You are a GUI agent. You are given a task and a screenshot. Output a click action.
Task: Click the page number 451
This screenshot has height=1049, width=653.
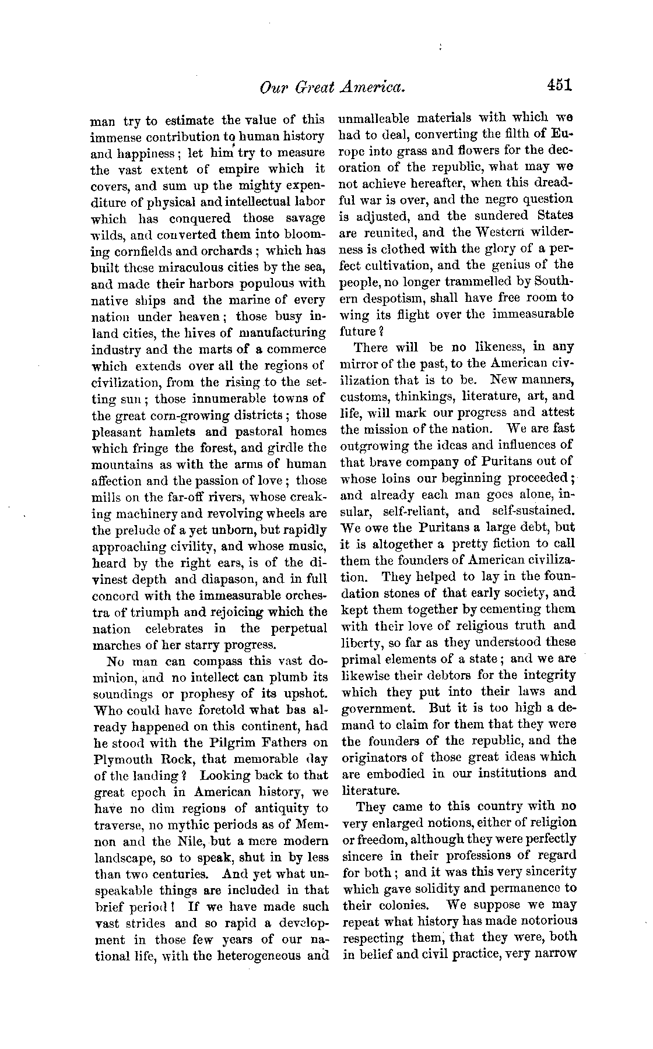coord(560,85)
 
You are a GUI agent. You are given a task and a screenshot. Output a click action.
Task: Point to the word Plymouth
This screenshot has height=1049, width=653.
coord(121,761)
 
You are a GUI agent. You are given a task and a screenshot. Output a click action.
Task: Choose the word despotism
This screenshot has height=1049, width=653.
coord(395,298)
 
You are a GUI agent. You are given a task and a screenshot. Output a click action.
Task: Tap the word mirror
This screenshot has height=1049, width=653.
coord(357,364)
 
